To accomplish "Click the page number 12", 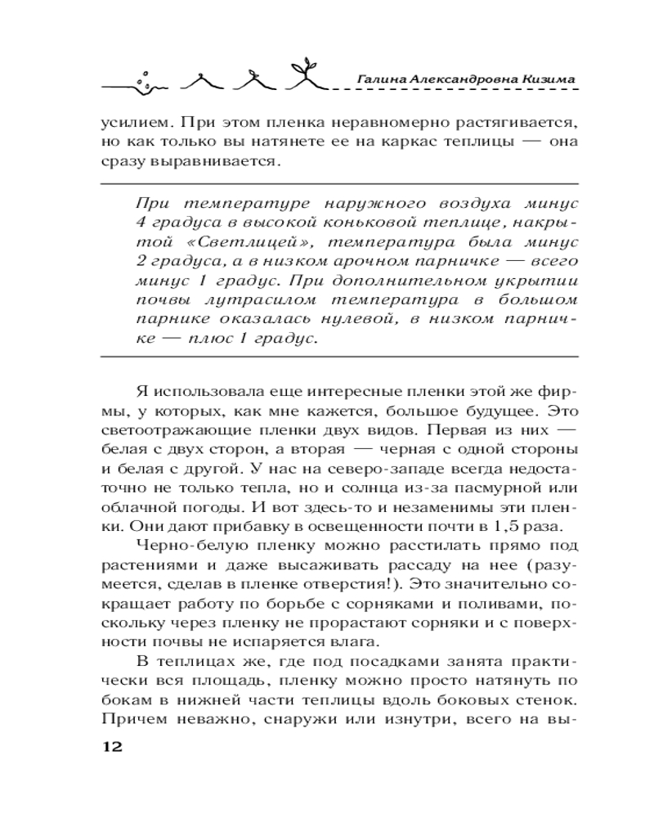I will (110, 748).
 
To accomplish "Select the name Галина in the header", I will (382, 79).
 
